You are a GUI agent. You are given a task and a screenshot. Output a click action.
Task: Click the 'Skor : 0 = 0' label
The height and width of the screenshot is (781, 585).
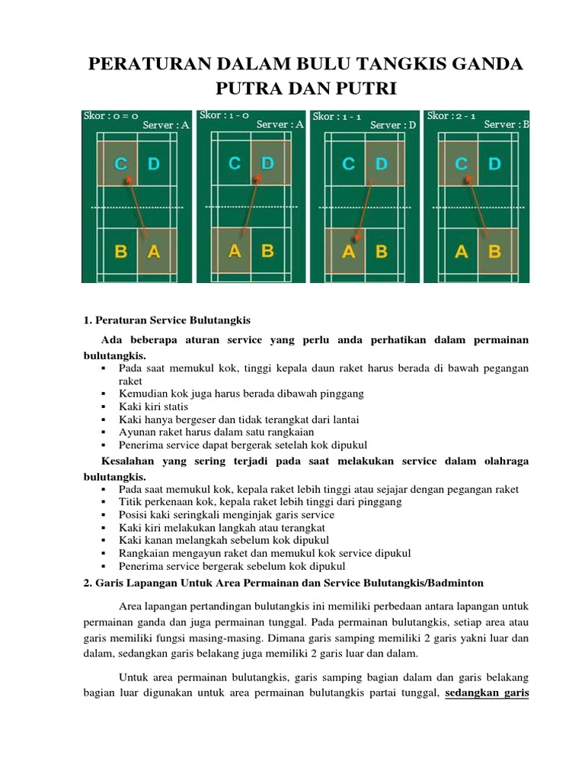point(111,116)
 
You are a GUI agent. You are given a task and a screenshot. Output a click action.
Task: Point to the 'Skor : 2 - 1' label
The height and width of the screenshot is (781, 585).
point(452,116)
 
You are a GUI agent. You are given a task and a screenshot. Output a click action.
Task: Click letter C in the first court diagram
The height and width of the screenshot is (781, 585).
point(120,163)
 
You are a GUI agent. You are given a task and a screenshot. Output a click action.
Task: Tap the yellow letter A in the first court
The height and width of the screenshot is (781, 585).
point(154,251)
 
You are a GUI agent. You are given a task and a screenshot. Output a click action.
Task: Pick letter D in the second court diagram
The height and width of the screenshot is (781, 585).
point(267,163)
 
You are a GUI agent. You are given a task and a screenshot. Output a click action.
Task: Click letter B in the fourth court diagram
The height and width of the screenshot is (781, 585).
point(494,251)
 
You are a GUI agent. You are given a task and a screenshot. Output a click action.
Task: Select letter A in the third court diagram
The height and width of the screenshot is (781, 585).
point(349,251)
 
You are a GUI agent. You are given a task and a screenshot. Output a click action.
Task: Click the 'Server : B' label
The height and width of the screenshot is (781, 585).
point(507,125)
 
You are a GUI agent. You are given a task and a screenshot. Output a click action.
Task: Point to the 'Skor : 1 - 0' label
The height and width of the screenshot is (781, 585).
point(224,115)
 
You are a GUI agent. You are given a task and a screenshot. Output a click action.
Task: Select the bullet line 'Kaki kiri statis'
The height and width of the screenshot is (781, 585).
point(153,407)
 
